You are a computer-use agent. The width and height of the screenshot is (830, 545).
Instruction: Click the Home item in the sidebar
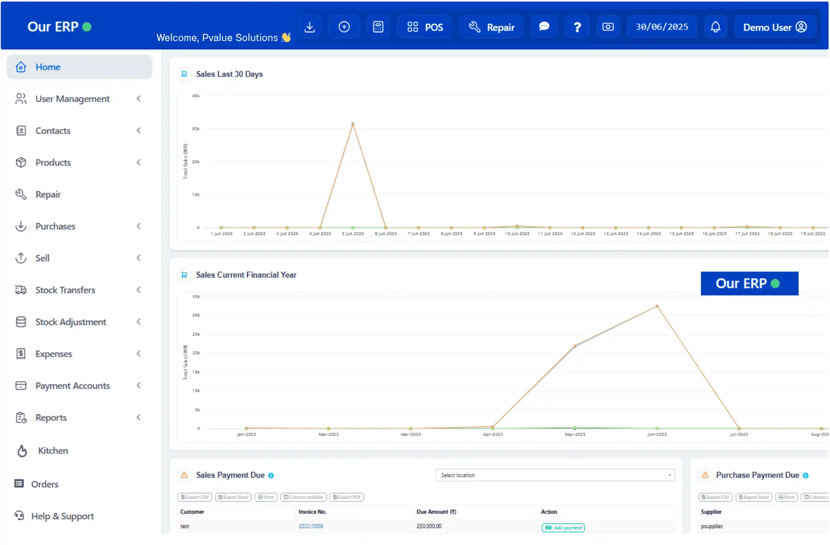(x=48, y=67)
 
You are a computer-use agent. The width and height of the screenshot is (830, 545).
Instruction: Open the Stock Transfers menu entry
(x=65, y=290)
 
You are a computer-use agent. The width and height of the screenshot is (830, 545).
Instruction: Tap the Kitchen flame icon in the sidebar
(x=22, y=451)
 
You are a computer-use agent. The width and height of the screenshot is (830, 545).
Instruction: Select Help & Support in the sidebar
(x=62, y=516)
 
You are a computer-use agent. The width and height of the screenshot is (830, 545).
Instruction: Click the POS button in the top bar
(x=425, y=27)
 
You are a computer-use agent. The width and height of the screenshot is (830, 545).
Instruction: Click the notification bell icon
(x=715, y=27)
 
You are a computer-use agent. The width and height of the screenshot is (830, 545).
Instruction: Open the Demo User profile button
(x=775, y=27)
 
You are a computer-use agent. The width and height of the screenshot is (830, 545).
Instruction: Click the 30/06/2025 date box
(x=662, y=27)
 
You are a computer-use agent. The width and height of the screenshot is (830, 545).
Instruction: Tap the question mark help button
(x=577, y=27)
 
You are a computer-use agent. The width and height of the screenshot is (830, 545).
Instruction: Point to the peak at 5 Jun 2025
(x=353, y=124)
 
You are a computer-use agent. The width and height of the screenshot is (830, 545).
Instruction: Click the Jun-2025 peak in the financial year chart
(x=657, y=307)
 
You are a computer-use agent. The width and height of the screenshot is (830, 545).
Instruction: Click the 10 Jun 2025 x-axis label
(x=517, y=234)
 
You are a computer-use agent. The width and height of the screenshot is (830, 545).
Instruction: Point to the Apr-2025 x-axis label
(x=493, y=434)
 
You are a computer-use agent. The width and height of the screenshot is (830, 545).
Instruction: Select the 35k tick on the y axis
(x=196, y=297)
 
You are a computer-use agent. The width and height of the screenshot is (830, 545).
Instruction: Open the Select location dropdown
(x=555, y=475)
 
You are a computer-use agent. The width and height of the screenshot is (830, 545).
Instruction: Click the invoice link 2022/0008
(x=311, y=526)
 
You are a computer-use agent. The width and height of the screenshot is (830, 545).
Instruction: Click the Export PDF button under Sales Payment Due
(x=347, y=497)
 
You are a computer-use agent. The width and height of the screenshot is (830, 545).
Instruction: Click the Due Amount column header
(x=436, y=512)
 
